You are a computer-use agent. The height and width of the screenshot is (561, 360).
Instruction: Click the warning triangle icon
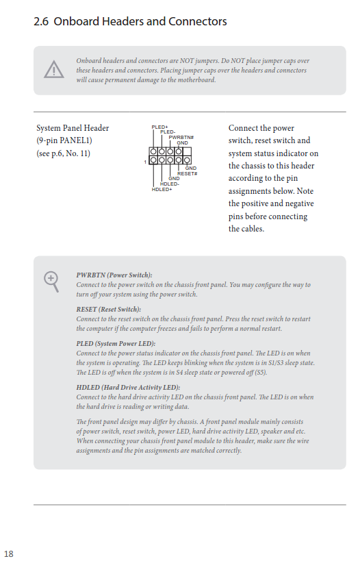pos(54,69)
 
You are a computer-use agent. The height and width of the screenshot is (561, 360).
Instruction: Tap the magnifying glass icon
pos(51,282)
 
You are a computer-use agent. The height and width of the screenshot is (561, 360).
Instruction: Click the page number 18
pos(8,554)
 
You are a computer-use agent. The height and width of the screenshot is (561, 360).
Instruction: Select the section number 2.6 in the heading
pos(41,21)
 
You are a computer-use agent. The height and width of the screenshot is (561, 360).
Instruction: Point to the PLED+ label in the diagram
pos(159,127)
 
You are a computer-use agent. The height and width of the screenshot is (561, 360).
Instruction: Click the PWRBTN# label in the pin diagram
pos(181,138)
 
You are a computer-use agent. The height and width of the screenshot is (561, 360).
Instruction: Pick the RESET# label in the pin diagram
pos(188,173)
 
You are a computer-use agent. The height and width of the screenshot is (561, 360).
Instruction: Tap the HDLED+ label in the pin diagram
pos(162,189)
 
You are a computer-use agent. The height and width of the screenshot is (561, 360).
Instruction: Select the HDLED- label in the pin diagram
pos(170,184)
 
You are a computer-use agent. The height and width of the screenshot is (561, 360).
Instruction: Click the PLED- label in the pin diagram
pos(168,132)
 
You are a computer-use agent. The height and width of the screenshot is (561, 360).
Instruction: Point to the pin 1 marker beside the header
pos(145,162)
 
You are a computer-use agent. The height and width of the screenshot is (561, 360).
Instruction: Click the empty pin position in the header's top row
pos(187,151)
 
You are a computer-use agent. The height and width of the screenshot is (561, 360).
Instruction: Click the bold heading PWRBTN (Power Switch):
pos(114,275)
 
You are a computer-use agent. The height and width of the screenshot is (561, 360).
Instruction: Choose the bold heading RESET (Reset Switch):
pos(108,310)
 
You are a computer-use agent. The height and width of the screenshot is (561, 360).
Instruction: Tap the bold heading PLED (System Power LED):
pos(116,343)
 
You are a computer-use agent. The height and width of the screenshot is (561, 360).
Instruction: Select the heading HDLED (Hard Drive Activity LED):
pos(128,388)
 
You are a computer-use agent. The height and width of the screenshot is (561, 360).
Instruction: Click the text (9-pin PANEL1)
pos(64,140)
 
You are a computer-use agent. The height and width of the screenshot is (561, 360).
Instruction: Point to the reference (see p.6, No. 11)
pos(63,153)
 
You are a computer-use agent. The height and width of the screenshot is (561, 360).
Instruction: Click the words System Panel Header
pos(73,128)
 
